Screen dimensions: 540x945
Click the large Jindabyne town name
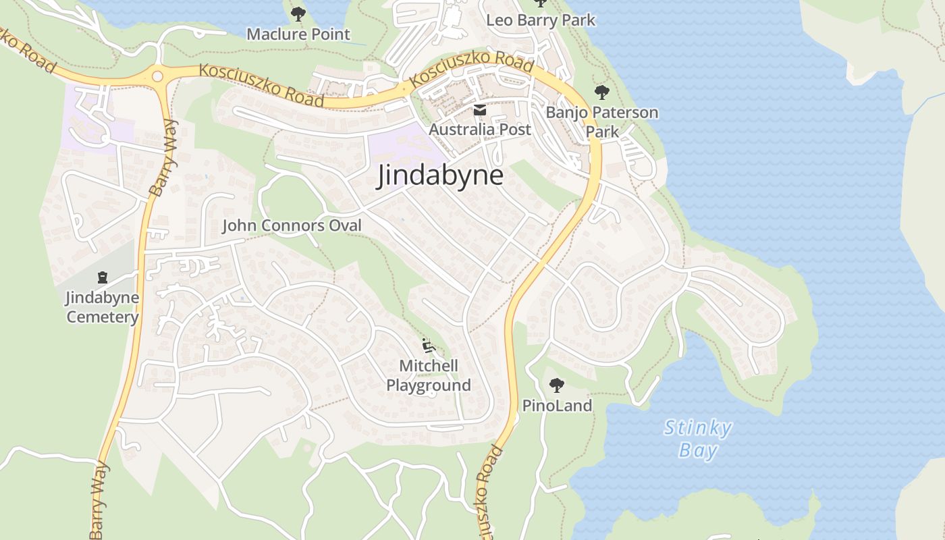pyautogui.click(x=441, y=175)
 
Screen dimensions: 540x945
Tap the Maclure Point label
pyautogui.click(x=298, y=34)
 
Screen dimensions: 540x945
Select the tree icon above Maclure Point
pyautogui.click(x=298, y=13)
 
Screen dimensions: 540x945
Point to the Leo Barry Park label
pyautogui.click(x=541, y=20)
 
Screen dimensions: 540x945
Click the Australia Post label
pyautogui.click(x=480, y=129)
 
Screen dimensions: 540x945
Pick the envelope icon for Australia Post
pyautogui.click(x=479, y=110)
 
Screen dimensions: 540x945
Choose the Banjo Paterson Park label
pyautogui.click(x=602, y=122)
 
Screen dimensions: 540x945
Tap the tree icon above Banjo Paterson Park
pyautogui.click(x=601, y=92)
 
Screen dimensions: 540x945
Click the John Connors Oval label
pyautogui.click(x=292, y=225)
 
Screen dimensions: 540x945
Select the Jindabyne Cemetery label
pyautogui.click(x=102, y=307)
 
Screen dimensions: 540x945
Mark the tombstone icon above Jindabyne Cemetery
pyautogui.click(x=103, y=277)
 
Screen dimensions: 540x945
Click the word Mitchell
pyautogui.click(x=429, y=366)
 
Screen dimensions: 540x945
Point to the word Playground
pyautogui.click(x=429, y=385)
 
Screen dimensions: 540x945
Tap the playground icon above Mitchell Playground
pyautogui.click(x=428, y=346)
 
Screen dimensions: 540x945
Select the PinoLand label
pyautogui.click(x=557, y=406)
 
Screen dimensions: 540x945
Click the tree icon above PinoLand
pyautogui.click(x=557, y=385)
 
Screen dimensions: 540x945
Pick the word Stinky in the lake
pyautogui.click(x=698, y=428)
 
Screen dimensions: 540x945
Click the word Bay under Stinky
pyautogui.click(x=698, y=450)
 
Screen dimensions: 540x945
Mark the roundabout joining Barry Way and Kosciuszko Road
pyautogui.click(x=159, y=76)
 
